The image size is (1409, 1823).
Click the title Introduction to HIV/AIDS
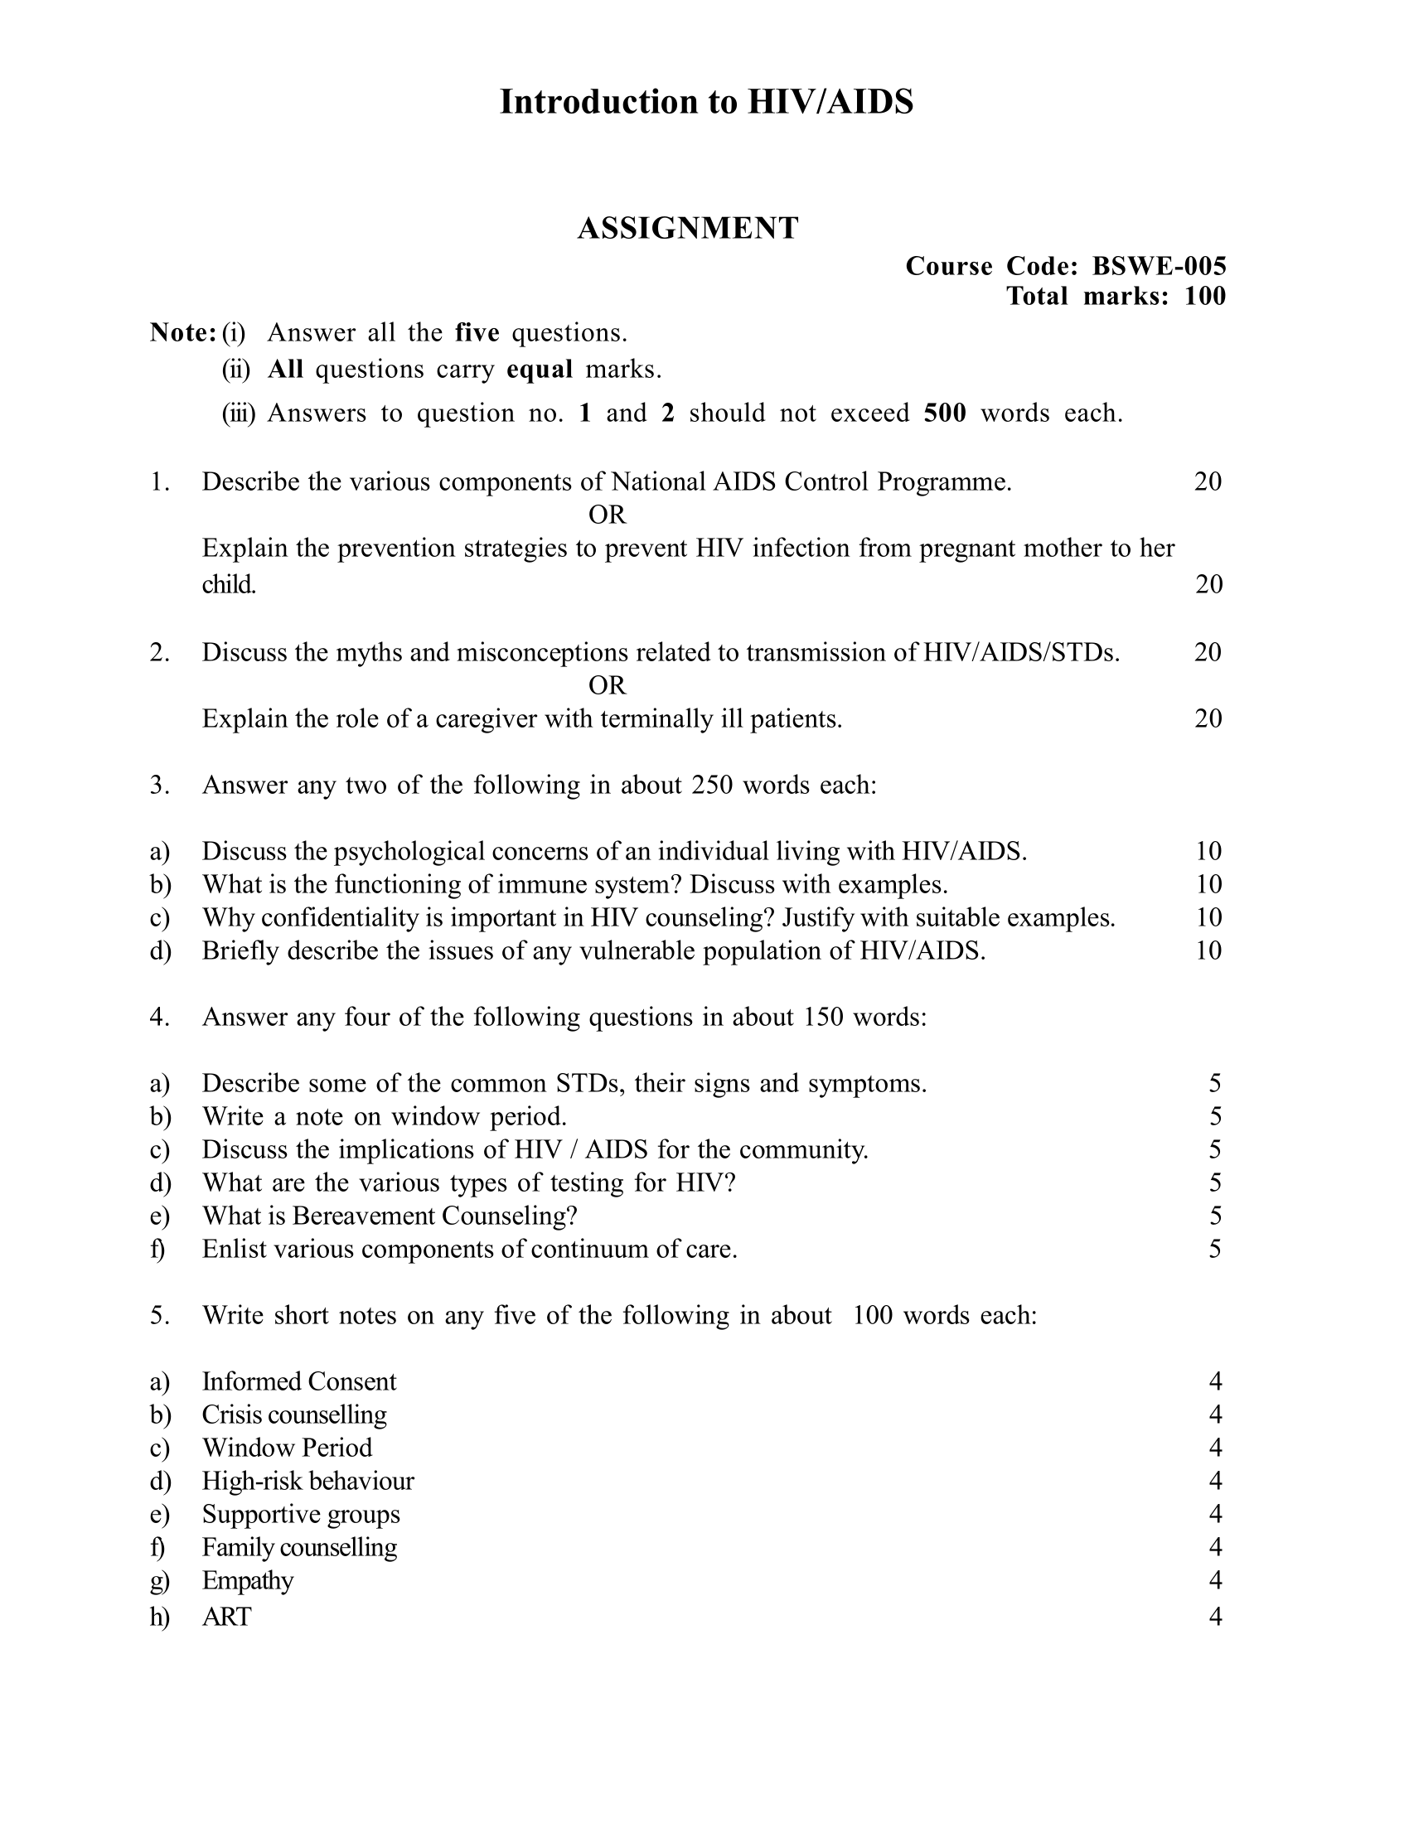point(706,102)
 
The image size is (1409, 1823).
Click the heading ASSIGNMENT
point(688,228)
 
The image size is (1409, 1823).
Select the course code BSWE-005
point(1159,266)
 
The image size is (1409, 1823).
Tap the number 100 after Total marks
point(1204,296)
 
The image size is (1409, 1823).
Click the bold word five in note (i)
point(477,333)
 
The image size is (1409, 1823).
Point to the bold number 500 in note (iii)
point(945,413)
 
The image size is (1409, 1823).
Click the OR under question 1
point(607,515)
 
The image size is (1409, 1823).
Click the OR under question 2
point(607,685)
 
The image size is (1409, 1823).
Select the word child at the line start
point(228,584)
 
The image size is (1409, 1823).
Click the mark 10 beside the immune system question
point(1208,884)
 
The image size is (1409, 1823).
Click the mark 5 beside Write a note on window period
point(1214,1116)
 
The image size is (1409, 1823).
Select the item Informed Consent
point(299,1381)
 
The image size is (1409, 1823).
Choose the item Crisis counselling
point(294,1414)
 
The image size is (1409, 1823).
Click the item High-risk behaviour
point(307,1481)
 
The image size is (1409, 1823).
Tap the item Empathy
point(247,1580)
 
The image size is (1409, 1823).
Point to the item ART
point(226,1617)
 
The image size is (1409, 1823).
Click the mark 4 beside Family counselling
point(1214,1547)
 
